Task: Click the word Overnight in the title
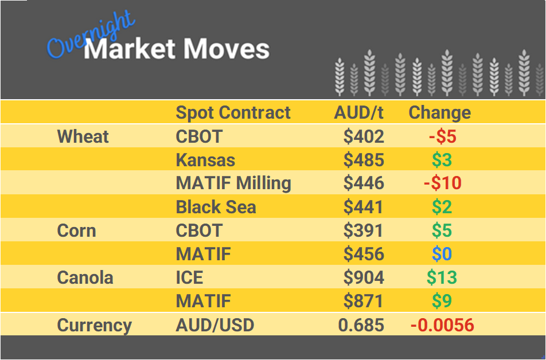[91, 39]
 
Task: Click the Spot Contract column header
[233, 112]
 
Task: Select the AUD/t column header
[358, 112]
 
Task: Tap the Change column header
[439, 112]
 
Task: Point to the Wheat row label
[83, 136]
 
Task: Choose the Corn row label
[76, 230]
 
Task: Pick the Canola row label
[85, 278]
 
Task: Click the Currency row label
[95, 326]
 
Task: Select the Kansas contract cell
[205, 160]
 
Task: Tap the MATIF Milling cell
[233, 183]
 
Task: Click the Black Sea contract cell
[216, 207]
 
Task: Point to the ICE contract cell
[189, 278]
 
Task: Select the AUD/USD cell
[215, 326]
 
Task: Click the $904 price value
[364, 278]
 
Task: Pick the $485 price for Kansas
[364, 160]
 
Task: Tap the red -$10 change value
[442, 183]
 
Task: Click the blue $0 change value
[442, 254]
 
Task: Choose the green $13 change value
[442, 278]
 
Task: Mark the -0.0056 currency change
[442, 326]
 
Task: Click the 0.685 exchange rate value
[361, 326]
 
